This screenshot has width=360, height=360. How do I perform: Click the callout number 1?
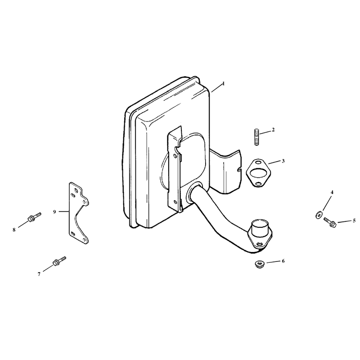(224, 84)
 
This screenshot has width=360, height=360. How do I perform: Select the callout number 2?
(273, 130)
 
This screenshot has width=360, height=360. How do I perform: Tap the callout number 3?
(283, 161)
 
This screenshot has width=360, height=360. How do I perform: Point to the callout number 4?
(332, 193)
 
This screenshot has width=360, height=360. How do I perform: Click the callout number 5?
(354, 220)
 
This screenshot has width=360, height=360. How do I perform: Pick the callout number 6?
(283, 261)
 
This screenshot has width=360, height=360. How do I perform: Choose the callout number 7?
(39, 274)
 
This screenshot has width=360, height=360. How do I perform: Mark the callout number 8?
(14, 230)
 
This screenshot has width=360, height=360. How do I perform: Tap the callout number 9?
(54, 211)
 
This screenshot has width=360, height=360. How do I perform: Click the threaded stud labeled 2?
(256, 137)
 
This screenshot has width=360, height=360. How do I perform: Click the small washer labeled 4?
(318, 215)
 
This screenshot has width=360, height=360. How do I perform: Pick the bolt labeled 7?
(59, 261)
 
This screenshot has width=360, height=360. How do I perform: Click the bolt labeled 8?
(34, 217)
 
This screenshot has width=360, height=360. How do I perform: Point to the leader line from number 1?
(217, 88)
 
